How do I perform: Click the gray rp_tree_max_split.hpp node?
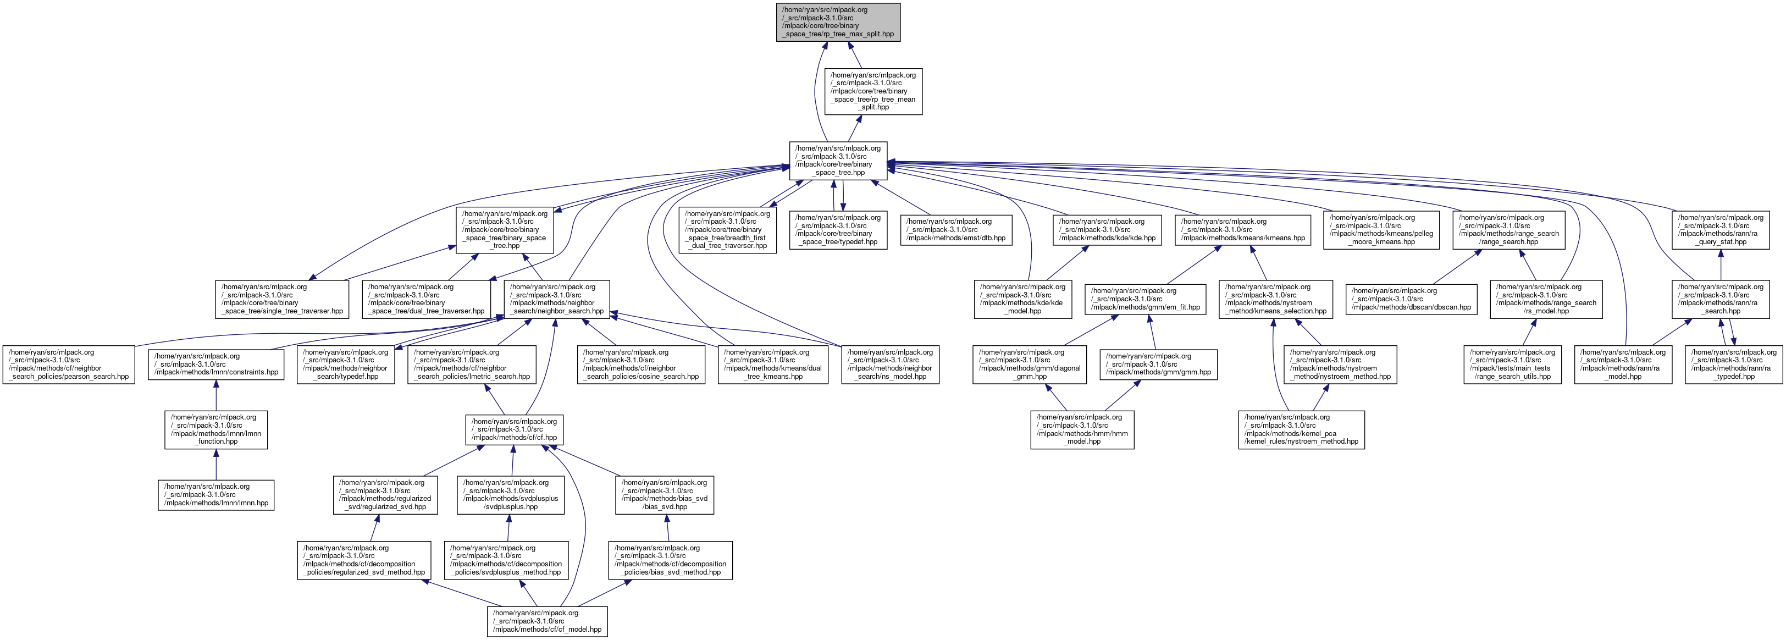838,22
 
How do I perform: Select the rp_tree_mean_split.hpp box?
873,91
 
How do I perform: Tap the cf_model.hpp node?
547,621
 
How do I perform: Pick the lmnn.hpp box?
217,495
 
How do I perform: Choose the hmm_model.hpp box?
1082,430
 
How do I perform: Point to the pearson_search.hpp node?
69,365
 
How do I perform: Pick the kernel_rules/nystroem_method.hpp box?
1301,430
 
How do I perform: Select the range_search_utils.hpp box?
1512,365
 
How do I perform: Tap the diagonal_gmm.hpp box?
1030,365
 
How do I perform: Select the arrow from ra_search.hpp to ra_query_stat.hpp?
1720,265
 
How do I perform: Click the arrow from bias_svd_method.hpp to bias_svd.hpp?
667,528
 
